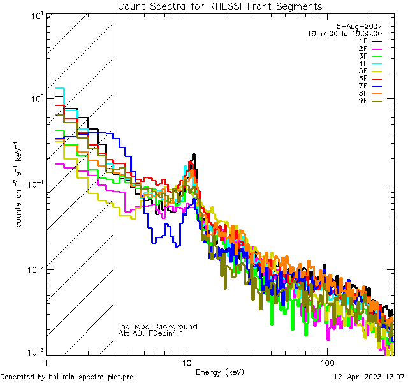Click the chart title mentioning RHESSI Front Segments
(220, 6)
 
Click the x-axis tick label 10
(186, 362)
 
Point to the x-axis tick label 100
(326, 362)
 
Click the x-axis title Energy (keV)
(220, 372)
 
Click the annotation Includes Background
(157, 326)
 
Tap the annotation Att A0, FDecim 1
(151, 333)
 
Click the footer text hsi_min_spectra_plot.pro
(91, 377)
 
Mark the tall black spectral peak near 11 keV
(193, 156)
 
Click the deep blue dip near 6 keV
(154, 241)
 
